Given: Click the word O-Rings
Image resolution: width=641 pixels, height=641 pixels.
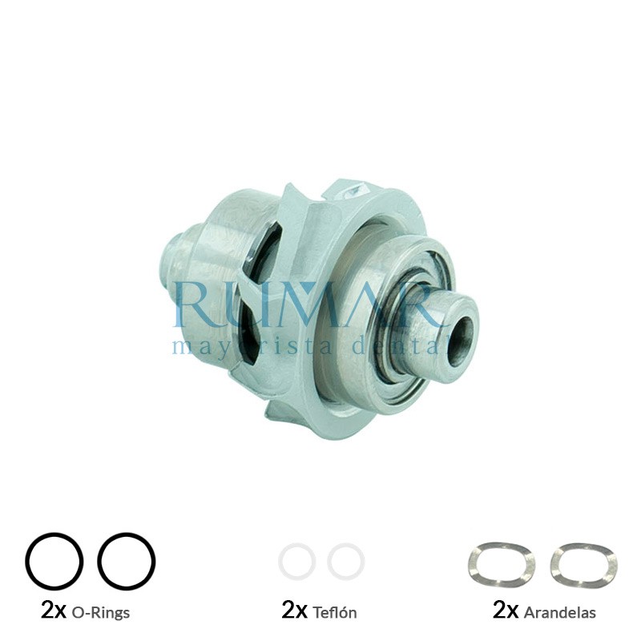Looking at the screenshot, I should pos(101,613).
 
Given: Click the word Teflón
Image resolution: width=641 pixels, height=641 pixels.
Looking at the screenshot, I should pos(330,613).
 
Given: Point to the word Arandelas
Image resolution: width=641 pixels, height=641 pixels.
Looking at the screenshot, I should pos(559,613).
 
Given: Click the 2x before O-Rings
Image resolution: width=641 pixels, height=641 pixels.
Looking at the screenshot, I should pos(53,611).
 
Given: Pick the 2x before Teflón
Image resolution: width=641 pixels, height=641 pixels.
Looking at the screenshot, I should pos(295,611).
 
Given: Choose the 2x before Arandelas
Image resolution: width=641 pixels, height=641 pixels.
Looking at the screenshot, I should pos(506,611).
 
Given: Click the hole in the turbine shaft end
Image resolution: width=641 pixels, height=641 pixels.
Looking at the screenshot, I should pos(460,329).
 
